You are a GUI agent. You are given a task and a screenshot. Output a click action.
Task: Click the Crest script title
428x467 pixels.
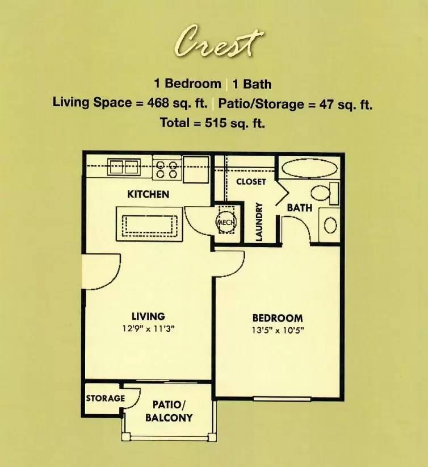(218, 42)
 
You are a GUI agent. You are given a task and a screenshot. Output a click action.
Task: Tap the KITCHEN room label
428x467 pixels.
(148, 194)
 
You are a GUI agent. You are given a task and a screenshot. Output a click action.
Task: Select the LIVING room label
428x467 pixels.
(148, 316)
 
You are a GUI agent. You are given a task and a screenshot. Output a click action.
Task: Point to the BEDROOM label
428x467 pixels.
(278, 318)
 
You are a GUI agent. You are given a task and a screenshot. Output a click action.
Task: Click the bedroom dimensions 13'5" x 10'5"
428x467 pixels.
(278, 330)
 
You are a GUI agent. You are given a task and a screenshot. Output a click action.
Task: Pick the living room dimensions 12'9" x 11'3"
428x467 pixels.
(148, 328)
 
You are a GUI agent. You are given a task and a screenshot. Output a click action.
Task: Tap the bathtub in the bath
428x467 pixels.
(309, 168)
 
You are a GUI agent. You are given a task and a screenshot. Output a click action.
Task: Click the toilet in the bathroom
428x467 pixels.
(325, 194)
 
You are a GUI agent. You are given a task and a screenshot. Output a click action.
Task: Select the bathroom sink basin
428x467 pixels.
(330, 225)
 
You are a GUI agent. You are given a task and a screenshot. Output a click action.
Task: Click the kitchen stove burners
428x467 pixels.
(167, 169)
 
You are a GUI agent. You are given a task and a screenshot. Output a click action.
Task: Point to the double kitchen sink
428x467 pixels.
(124, 167)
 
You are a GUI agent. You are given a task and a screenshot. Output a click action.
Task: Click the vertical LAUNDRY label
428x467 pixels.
(259, 222)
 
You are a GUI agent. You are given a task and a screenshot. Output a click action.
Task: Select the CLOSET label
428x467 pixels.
(251, 182)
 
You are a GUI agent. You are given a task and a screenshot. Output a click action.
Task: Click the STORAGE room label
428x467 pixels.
(106, 398)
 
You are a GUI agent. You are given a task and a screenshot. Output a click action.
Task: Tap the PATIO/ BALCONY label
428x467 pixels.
(169, 411)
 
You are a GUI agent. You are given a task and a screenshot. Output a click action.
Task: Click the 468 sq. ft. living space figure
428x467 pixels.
(178, 103)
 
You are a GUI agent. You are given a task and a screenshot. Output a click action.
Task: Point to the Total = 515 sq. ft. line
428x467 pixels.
(212, 122)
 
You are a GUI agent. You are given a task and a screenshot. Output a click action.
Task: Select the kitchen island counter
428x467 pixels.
(149, 224)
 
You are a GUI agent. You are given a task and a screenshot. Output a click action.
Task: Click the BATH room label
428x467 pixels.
(299, 207)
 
